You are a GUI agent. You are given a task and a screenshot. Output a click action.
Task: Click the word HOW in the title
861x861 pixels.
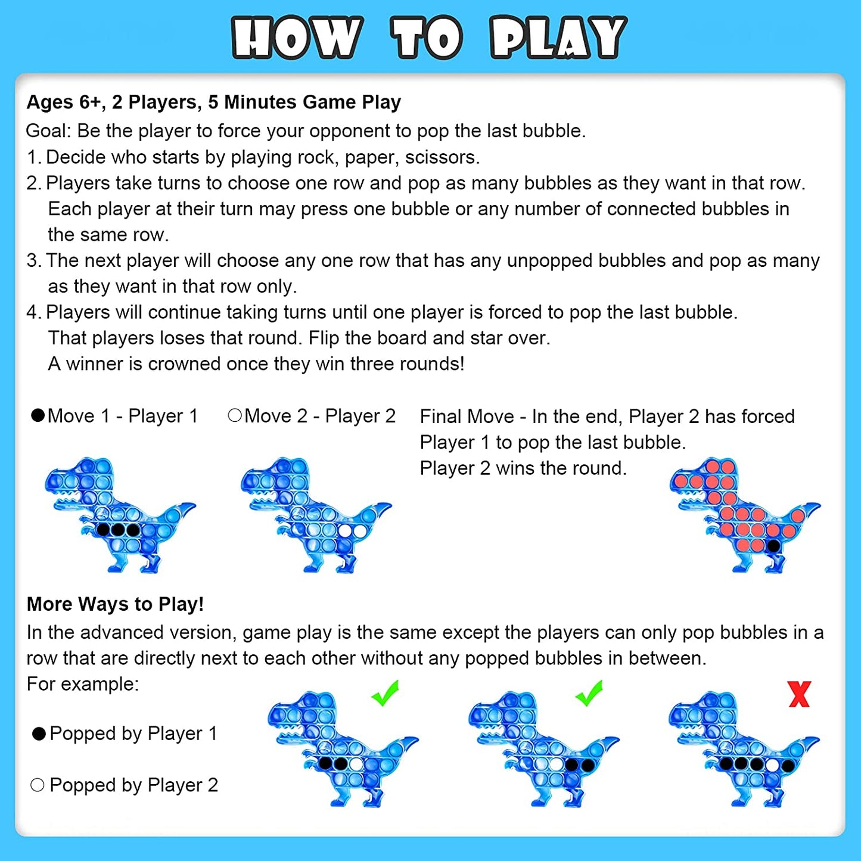pyautogui.click(x=297, y=38)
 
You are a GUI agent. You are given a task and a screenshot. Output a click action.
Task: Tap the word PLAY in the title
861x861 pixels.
pyautogui.click(x=558, y=38)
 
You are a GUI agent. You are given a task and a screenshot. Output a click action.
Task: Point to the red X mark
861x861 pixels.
pyautogui.click(x=800, y=694)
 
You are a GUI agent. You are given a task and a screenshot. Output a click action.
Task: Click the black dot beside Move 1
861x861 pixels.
pyautogui.click(x=38, y=415)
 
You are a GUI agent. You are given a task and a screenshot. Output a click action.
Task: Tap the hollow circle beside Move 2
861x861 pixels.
pyautogui.click(x=235, y=415)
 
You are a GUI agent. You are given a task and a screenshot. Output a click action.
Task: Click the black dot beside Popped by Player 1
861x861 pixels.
pyautogui.click(x=39, y=733)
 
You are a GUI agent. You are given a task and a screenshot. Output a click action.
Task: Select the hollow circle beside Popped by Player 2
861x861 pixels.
pyautogui.click(x=37, y=785)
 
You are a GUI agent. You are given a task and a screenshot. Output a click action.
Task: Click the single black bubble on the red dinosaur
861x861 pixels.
pyautogui.click(x=773, y=546)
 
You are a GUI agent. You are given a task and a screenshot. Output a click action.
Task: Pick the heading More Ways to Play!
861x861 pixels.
pyautogui.click(x=115, y=604)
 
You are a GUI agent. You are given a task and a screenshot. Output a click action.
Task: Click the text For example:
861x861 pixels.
pyautogui.click(x=83, y=683)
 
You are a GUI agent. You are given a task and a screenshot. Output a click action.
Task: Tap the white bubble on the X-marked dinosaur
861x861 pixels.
pyautogui.click(x=773, y=765)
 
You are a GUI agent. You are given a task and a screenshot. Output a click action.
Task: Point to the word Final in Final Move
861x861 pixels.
pyautogui.click(x=443, y=416)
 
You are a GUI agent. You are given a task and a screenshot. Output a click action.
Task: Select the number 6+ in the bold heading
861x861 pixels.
pyautogui.click(x=90, y=102)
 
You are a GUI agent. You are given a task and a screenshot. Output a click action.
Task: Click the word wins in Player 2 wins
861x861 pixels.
pyautogui.click(x=515, y=468)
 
